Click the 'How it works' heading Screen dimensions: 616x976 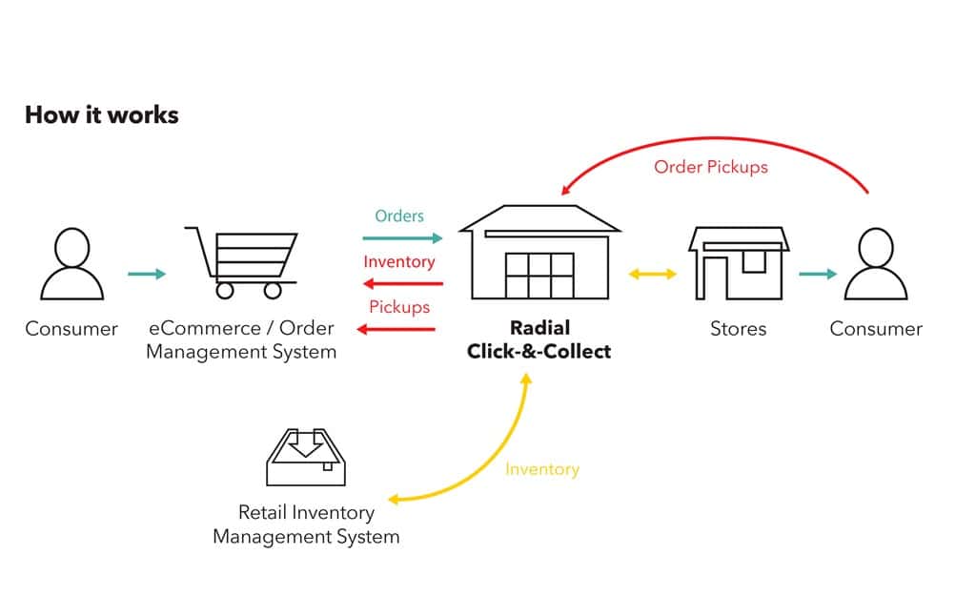click(x=101, y=115)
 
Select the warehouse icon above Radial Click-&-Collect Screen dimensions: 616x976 click(x=539, y=253)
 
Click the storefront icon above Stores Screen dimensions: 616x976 click(x=739, y=263)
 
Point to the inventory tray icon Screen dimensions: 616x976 click(x=305, y=457)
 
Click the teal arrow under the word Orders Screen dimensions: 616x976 click(x=402, y=238)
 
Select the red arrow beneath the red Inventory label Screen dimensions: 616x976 click(x=402, y=283)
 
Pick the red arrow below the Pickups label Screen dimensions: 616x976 click(x=396, y=329)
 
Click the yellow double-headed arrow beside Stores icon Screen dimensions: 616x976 click(x=653, y=275)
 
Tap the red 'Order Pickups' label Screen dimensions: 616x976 click(x=710, y=167)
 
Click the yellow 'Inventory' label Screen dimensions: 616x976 click(x=541, y=469)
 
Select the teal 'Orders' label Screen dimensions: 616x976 click(x=399, y=216)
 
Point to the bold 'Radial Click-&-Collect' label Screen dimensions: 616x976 click(x=539, y=339)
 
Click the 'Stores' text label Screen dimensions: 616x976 click(x=738, y=329)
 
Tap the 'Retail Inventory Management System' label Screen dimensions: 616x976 click(x=306, y=524)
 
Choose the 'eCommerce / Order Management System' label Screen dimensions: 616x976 click(x=241, y=339)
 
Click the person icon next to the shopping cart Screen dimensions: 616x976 click(x=71, y=264)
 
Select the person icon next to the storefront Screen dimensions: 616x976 click(x=876, y=264)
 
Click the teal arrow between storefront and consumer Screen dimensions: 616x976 click(x=817, y=275)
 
